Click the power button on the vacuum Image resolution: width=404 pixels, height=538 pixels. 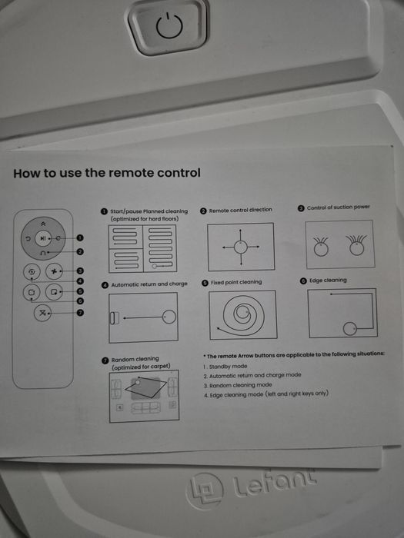169,25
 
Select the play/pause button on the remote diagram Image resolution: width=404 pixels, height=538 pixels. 42,238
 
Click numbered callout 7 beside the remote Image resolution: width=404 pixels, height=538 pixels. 80,313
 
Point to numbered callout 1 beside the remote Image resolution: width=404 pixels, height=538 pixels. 80,237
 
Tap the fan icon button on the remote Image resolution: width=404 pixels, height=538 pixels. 54,271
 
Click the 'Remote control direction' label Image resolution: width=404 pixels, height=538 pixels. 240,210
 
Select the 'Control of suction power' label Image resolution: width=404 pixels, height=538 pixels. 339,208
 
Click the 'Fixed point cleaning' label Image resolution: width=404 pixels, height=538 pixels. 236,282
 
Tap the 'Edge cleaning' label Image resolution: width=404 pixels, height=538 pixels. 328,281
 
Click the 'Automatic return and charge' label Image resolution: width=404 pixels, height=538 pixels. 149,284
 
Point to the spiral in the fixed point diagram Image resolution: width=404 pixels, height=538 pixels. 241,314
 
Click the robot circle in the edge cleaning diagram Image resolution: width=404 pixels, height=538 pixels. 349,329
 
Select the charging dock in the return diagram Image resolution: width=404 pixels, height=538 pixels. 114,318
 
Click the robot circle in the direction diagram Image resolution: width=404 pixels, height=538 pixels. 240,247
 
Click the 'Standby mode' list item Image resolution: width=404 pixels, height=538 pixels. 228,367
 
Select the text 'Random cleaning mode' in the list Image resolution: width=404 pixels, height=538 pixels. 240,385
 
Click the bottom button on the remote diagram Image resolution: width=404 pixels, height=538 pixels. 42,313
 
